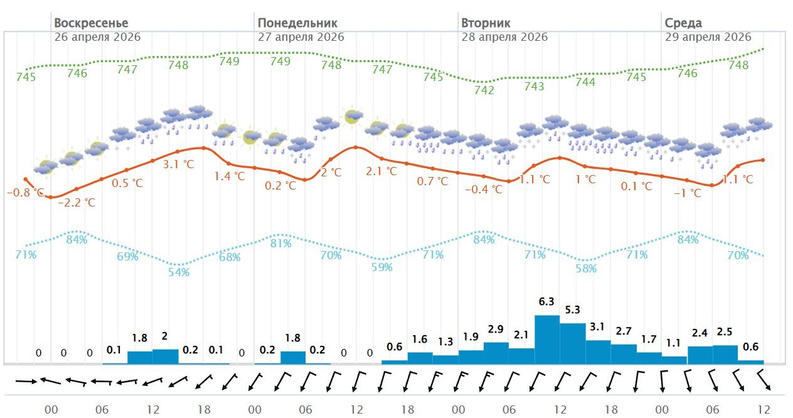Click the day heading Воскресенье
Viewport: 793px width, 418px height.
click(91, 23)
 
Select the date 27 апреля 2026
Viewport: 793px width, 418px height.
click(301, 37)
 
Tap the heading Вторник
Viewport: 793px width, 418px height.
click(486, 23)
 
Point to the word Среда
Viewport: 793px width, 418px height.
click(683, 23)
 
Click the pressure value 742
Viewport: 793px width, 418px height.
click(484, 90)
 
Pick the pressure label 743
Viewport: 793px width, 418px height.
click(534, 87)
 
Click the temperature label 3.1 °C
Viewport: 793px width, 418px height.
click(179, 165)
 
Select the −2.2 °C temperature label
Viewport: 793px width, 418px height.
click(77, 203)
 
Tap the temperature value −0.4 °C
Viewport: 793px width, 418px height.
click(484, 189)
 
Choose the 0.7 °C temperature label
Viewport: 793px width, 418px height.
click(433, 181)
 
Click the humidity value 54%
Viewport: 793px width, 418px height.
click(179, 272)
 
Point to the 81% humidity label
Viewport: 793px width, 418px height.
click(280, 244)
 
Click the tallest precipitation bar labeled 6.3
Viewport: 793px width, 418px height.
click(546, 339)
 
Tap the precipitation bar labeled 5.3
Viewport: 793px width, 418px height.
click(572, 343)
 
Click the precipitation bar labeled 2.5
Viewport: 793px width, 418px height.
click(725, 354)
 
